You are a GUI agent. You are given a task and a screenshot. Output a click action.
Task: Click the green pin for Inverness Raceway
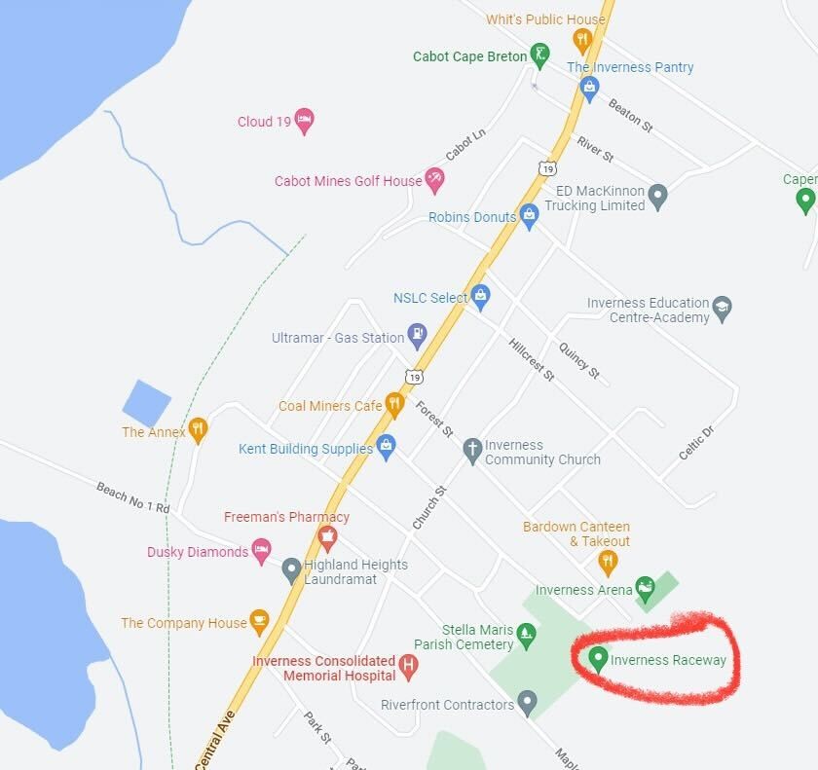pyautogui.click(x=598, y=659)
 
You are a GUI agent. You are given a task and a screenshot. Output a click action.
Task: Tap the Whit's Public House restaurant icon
pyautogui.click(x=582, y=39)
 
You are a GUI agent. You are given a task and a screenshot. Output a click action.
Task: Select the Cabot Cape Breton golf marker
pyautogui.click(x=539, y=55)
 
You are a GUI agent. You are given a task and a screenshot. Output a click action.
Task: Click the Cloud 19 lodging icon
pyautogui.click(x=304, y=121)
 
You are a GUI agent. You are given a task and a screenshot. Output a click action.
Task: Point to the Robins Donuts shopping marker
pyautogui.click(x=529, y=215)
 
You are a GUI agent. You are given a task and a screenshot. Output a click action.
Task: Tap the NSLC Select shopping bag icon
pyautogui.click(x=480, y=296)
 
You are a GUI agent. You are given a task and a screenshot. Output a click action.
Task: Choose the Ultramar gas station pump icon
pyautogui.click(x=417, y=337)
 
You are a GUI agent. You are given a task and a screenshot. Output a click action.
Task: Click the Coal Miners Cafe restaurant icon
pyautogui.click(x=394, y=404)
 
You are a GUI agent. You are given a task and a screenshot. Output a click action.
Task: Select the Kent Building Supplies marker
pyautogui.click(x=386, y=447)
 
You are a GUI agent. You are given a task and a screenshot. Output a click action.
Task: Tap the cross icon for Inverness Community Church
pyautogui.click(x=472, y=450)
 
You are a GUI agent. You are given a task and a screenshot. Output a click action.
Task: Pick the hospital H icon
pyautogui.click(x=409, y=668)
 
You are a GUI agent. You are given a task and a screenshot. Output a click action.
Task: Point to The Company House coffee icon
pyautogui.click(x=259, y=621)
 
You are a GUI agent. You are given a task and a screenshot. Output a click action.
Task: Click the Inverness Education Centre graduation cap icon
pyautogui.click(x=722, y=309)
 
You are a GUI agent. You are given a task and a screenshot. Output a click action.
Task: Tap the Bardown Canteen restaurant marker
pyautogui.click(x=608, y=561)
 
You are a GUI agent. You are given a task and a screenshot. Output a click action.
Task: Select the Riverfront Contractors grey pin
pyautogui.click(x=527, y=701)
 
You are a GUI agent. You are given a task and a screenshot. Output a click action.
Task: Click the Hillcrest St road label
pyautogui.click(x=531, y=359)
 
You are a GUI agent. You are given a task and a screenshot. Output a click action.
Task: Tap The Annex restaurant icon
pyautogui.click(x=198, y=430)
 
